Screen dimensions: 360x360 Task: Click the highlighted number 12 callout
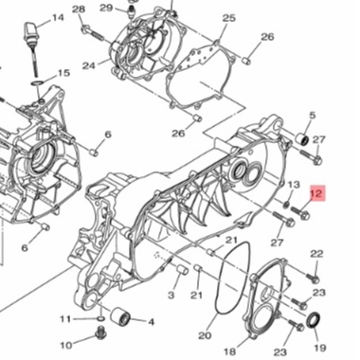pyautogui.click(x=316, y=193)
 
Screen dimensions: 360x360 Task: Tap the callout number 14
pyautogui.click(x=58, y=18)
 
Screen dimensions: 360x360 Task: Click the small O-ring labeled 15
pyautogui.click(x=37, y=83)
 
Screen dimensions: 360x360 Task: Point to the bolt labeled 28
pyautogui.click(x=93, y=33)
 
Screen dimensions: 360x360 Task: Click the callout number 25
pyautogui.click(x=229, y=18)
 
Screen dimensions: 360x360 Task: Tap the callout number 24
pyautogui.click(x=89, y=66)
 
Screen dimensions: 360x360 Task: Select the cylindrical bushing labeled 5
pyautogui.click(x=303, y=138)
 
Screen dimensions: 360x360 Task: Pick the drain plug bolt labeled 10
pyautogui.click(x=101, y=333)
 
